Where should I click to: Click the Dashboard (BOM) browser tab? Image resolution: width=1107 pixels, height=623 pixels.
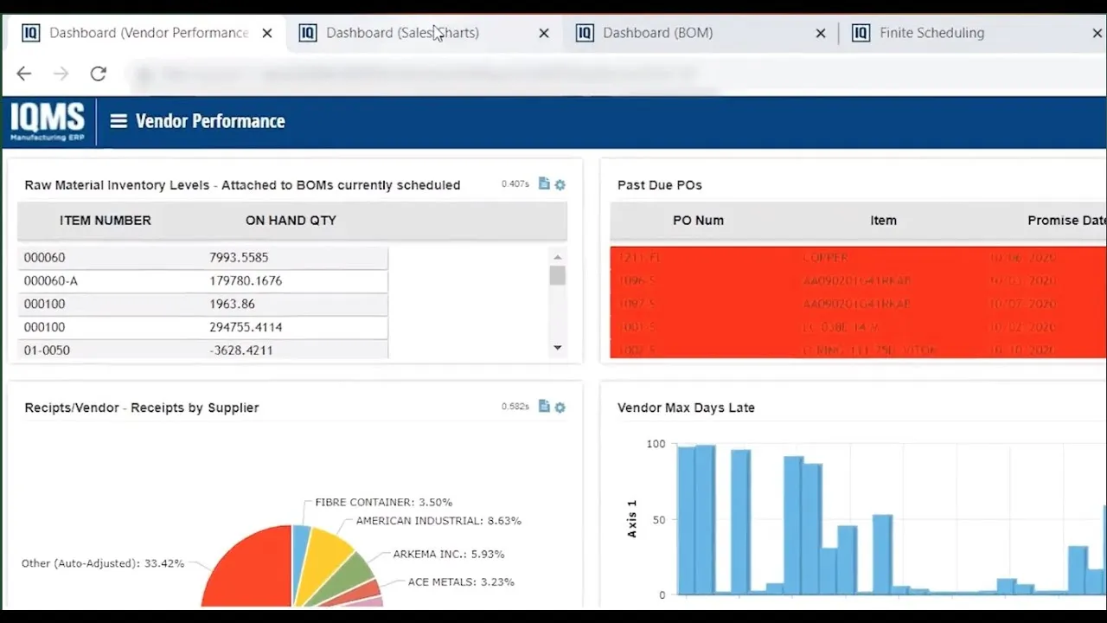point(657,33)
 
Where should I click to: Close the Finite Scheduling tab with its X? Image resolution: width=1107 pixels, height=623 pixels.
point(1097,33)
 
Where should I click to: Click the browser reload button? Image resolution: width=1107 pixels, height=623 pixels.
point(98,74)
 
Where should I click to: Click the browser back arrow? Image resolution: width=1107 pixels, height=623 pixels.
point(23,74)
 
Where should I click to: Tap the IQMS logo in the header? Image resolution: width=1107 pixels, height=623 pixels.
point(48,121)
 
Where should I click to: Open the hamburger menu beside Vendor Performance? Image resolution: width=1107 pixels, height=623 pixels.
point(118,121)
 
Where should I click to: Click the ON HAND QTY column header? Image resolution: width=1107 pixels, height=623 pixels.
point(291,221)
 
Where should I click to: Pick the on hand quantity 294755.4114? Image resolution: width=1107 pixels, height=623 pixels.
point(246,327)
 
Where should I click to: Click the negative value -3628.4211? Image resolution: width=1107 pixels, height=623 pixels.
point(240,350)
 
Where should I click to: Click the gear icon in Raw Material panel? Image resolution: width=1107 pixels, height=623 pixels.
point(560,184)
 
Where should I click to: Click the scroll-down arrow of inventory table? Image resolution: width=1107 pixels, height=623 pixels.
point(557,348)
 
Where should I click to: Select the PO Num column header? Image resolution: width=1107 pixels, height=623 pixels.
point(698,221)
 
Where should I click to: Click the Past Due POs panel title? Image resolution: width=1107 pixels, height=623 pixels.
point(659,185)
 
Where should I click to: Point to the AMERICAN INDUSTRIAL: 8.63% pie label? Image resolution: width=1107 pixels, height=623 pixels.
point(438,521)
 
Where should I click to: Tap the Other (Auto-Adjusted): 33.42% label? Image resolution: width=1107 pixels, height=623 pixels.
point(103,563)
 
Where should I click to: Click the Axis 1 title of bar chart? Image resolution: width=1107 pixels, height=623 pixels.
point(631,519)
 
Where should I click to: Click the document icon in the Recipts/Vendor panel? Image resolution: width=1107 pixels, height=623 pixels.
point(544,406)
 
